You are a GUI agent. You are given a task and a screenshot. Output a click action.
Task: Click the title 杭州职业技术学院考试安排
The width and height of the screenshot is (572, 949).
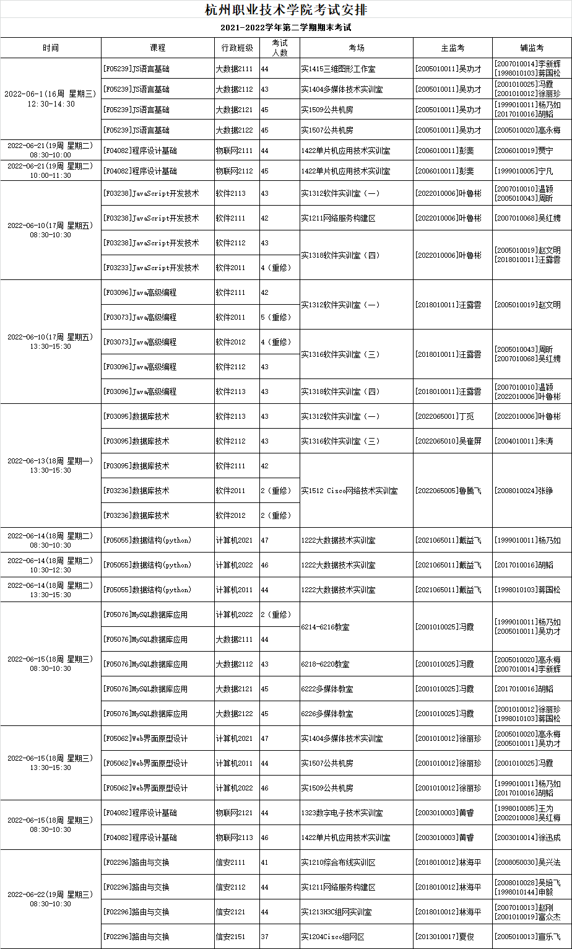285,10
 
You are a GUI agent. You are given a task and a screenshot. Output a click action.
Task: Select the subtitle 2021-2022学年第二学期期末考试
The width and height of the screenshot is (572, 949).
285,28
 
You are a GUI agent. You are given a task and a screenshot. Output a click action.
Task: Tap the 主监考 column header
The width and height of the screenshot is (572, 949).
453,48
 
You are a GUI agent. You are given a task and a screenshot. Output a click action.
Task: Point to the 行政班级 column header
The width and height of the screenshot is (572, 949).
236,48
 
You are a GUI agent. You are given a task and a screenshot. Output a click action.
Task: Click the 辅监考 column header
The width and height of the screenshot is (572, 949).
532,48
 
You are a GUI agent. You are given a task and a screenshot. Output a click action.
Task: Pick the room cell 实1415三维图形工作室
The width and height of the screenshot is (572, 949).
338,69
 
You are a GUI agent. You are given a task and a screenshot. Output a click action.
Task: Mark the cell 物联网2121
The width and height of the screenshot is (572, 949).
234,813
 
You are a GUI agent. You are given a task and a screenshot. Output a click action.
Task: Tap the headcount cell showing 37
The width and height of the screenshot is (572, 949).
265,937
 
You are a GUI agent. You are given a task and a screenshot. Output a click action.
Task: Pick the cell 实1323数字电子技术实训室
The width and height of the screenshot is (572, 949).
342,813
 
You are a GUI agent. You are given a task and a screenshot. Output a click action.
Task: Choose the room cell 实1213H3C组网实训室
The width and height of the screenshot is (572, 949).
337,912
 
